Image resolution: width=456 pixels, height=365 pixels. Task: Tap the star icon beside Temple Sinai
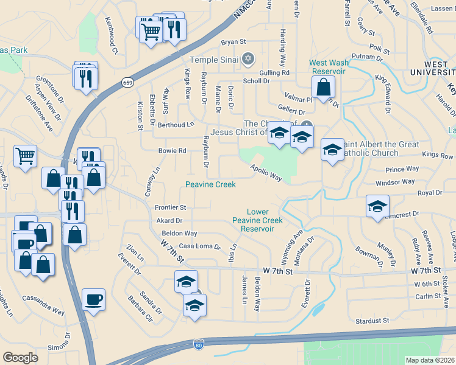pyautogui.click(x=248, y=60)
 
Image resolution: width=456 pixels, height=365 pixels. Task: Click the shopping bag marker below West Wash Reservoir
pyautogui.click(x=325, y=88)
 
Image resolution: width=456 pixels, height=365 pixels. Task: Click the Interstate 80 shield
pyautogui.click(x=198, y=344)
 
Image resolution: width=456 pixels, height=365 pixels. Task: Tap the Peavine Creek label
pyautogui.click(x=210, y=184)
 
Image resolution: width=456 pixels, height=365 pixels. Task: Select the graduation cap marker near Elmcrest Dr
pyautogui.click(x=377, y=207)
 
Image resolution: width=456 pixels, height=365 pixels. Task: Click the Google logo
pyautogui.click(x=21, y=358)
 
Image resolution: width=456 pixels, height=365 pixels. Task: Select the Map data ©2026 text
pyautogui.click(x=429, y=360)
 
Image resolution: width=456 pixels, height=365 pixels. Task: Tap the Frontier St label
pyautogui.click(x=170, y=207)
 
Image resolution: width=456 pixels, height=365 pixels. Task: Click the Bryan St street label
pyautogui.click(x=233, y=43)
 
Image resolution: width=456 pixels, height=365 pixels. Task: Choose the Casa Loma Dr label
pyautogui.click(x=199, y=246)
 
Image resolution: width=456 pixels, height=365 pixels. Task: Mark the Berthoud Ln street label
pyautogui.click(x=176, y=125)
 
